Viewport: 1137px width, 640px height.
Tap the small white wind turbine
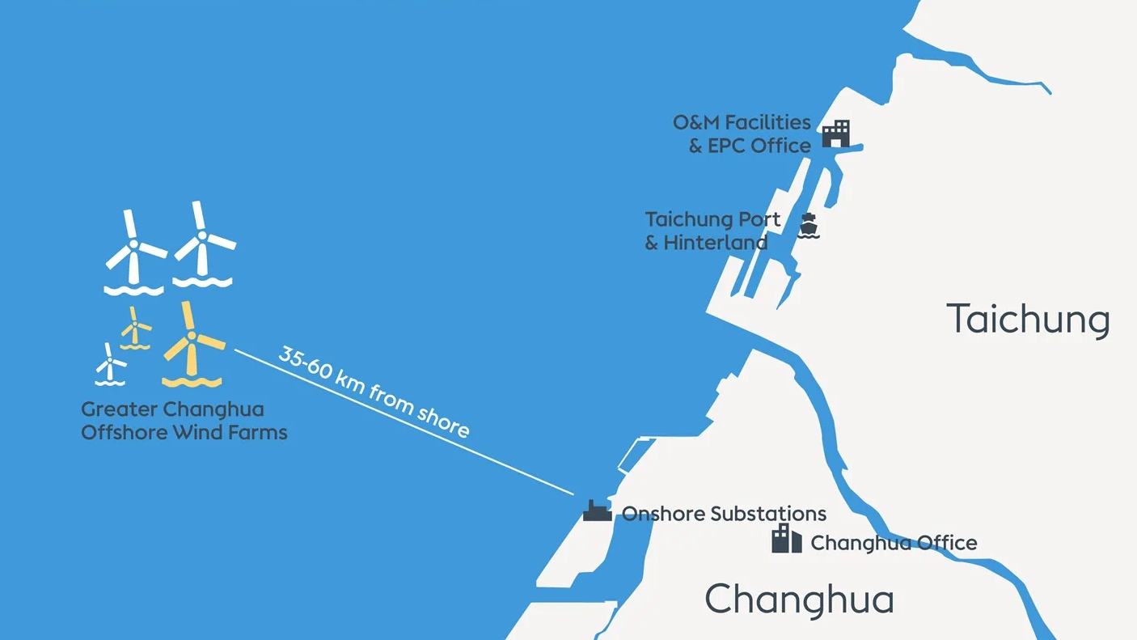110,365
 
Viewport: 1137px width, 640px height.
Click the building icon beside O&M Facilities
836,134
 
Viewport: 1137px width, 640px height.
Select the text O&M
696,122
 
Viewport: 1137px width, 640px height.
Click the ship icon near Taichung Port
808,226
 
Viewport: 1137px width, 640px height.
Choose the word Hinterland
716,242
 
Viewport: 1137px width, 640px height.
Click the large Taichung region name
1028,319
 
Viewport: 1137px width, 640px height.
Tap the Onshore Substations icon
598,511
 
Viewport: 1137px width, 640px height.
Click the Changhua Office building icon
786,538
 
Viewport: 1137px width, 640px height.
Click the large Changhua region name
799,600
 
